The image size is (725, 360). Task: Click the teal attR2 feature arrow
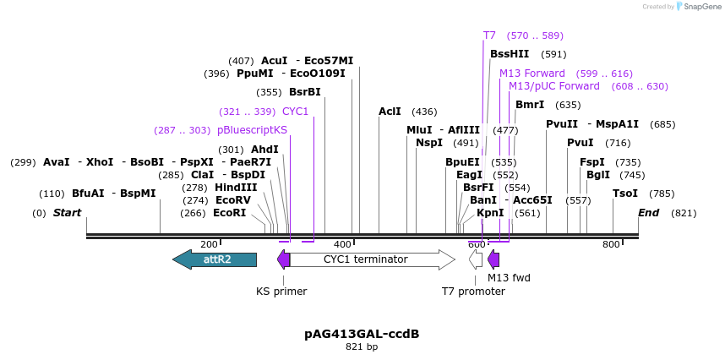click(x=215, y=259)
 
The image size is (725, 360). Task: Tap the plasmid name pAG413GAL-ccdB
click(x=362, y=334)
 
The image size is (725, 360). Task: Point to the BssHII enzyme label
click(x=510, y=54)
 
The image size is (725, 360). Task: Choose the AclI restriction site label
click(x=390, y=112)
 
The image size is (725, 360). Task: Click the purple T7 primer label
click(x=489, y=35)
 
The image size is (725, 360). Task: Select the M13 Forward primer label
click(x=531, y=74)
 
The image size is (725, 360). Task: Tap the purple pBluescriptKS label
click(x=252, y=130)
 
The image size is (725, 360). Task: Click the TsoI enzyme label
click(x=625, y=194)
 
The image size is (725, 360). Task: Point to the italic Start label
click(x=67, y=213)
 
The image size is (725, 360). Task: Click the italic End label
click(x=648, y=213)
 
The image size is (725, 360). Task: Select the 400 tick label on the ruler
click(x=343, y=244)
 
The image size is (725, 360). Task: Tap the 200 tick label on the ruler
click(x=209, y=244)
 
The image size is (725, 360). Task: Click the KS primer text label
click(x=281, y=292)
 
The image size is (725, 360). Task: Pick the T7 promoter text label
click(x=473, y=292)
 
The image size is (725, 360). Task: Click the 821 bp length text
click(x=362, y=347)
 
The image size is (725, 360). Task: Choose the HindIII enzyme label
click(x=236, y=188)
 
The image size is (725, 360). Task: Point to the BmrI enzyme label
click(x=530, y=105)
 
